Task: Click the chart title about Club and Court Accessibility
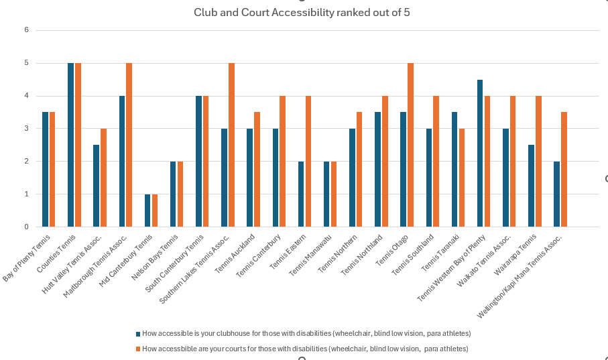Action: click(302, 13)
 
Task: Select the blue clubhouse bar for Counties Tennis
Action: click(70, 145)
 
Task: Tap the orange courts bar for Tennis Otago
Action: click(410, 145)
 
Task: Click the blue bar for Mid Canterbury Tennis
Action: click(147, 211)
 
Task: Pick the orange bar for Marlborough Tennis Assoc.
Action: click(129, 145)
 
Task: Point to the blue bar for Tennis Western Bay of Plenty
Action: click(480, 154)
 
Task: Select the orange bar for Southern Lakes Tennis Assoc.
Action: click(231, 145)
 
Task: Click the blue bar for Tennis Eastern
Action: click(301, 194)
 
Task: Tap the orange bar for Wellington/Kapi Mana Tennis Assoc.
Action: click(564, 170)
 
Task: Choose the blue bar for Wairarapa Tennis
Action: click(531, 186)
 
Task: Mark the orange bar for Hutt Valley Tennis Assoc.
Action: click(103, 178)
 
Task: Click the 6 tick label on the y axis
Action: click(26, 30)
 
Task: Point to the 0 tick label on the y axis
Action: click(26, 227)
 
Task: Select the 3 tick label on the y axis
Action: click(26, 129)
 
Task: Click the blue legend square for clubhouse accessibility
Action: click(138, 333)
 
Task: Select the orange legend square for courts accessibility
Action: click(138, 349)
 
